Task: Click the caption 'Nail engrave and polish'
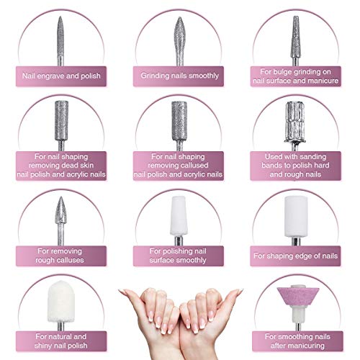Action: coord(60,73)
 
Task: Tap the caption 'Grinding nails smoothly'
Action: coord(179,73)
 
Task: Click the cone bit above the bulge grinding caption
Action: coord(297,32)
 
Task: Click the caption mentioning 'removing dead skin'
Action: coord(60,166)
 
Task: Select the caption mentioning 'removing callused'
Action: coord(179,166)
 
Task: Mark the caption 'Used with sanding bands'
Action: coord(298,166)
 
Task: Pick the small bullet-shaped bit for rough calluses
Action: coord(60,212)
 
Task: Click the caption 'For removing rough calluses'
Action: coord(60,254)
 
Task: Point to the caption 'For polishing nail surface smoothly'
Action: coord(179,254)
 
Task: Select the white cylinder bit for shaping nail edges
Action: coord(297,216)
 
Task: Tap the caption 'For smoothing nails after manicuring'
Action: coord(298,341)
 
